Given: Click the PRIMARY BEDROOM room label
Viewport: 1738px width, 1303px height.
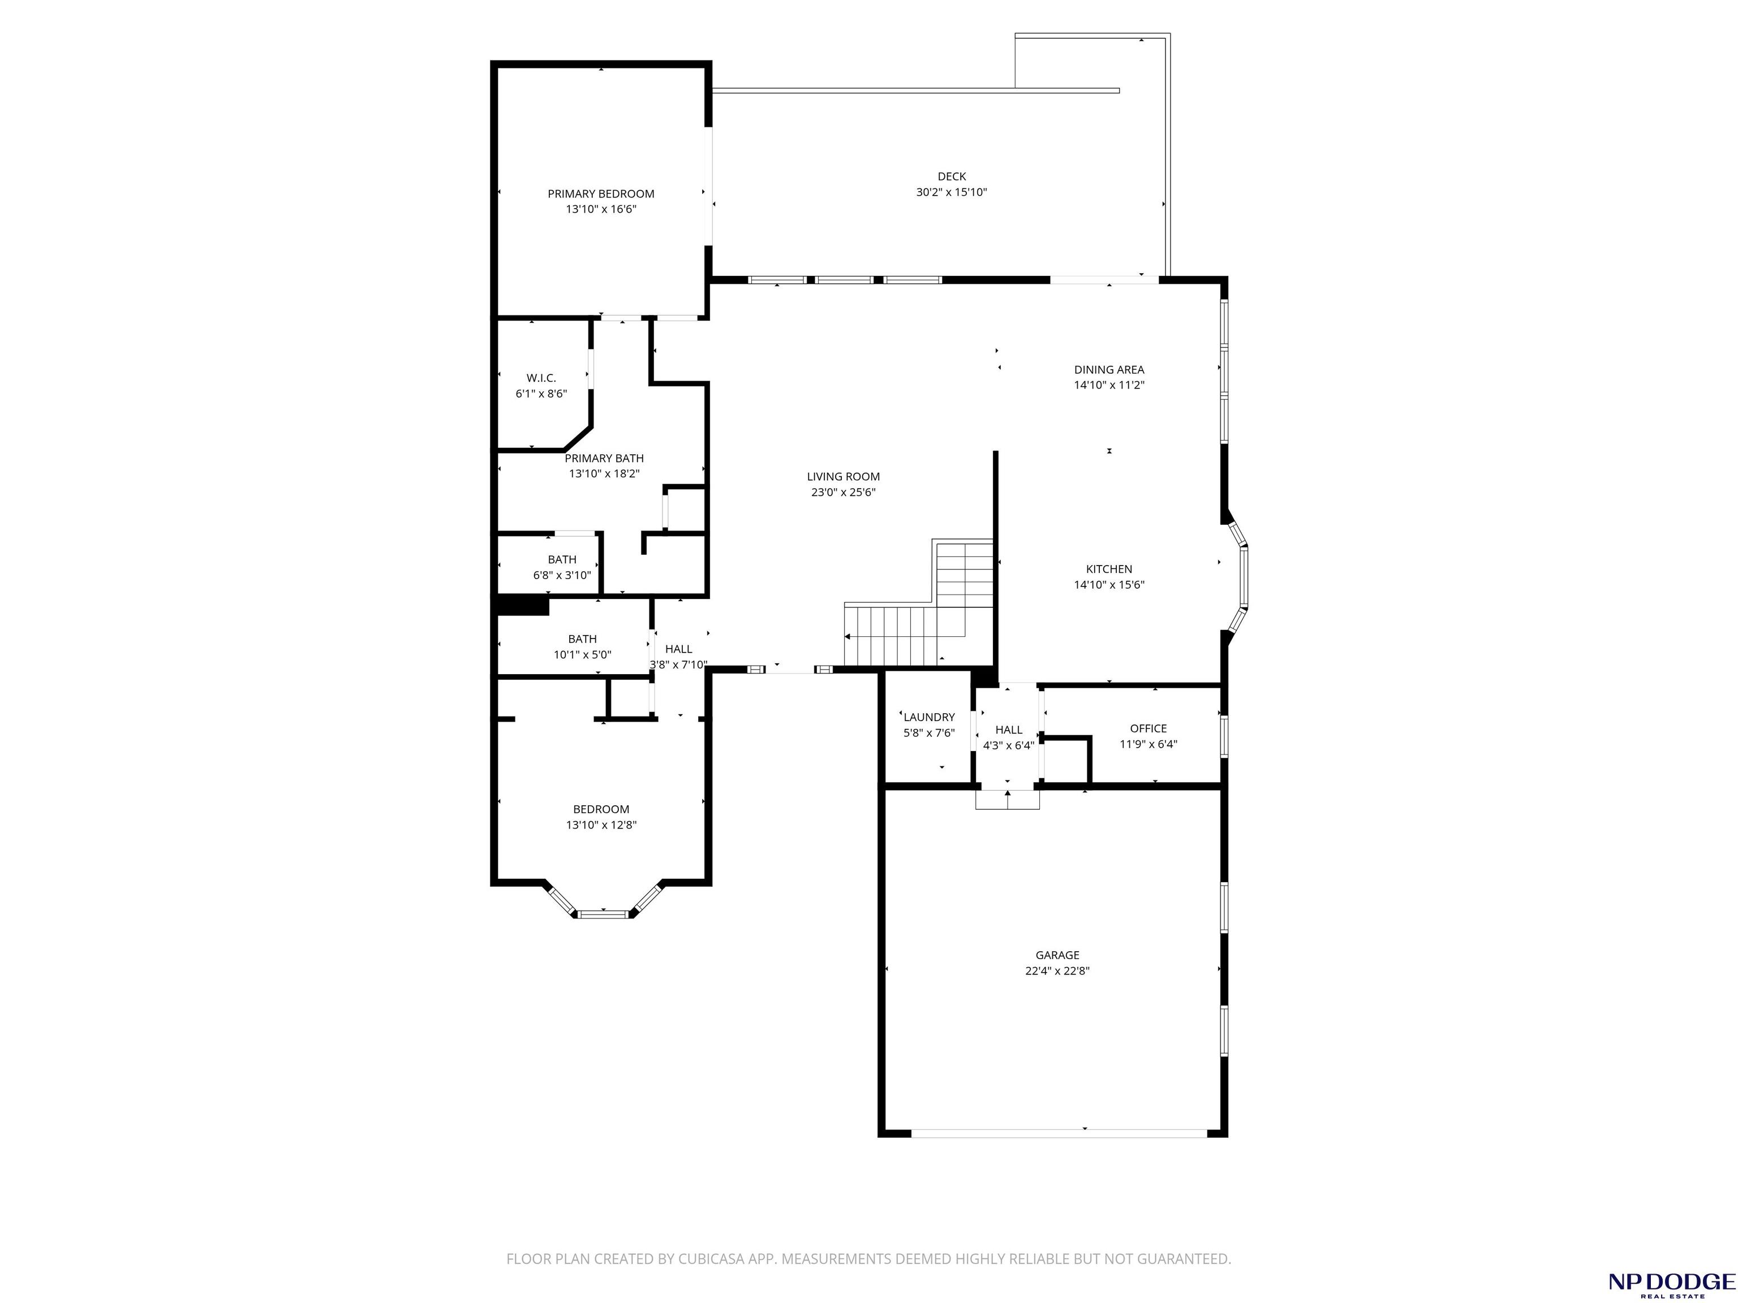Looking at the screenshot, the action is pos(601,194).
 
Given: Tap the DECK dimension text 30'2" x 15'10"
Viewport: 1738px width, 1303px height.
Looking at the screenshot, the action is pos(952,192).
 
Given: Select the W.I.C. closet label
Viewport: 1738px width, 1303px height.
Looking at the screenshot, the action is pos(541,378).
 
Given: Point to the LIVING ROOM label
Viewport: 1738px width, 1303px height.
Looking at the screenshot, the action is pos(843,477).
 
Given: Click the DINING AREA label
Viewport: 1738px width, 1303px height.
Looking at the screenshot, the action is pos(1109,369).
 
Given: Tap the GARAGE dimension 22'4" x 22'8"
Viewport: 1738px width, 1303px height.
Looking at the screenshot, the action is pos(1057,971).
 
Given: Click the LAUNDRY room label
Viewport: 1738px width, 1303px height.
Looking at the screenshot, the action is pos(930,717).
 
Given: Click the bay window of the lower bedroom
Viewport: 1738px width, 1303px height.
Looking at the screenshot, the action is pos(604,900).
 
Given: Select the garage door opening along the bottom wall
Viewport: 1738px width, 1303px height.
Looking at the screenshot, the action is pos(1059,1133).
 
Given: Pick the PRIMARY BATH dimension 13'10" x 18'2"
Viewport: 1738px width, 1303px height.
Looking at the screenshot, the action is pos(604,473).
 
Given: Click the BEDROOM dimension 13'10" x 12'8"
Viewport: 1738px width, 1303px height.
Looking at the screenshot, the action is pos(601,825).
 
